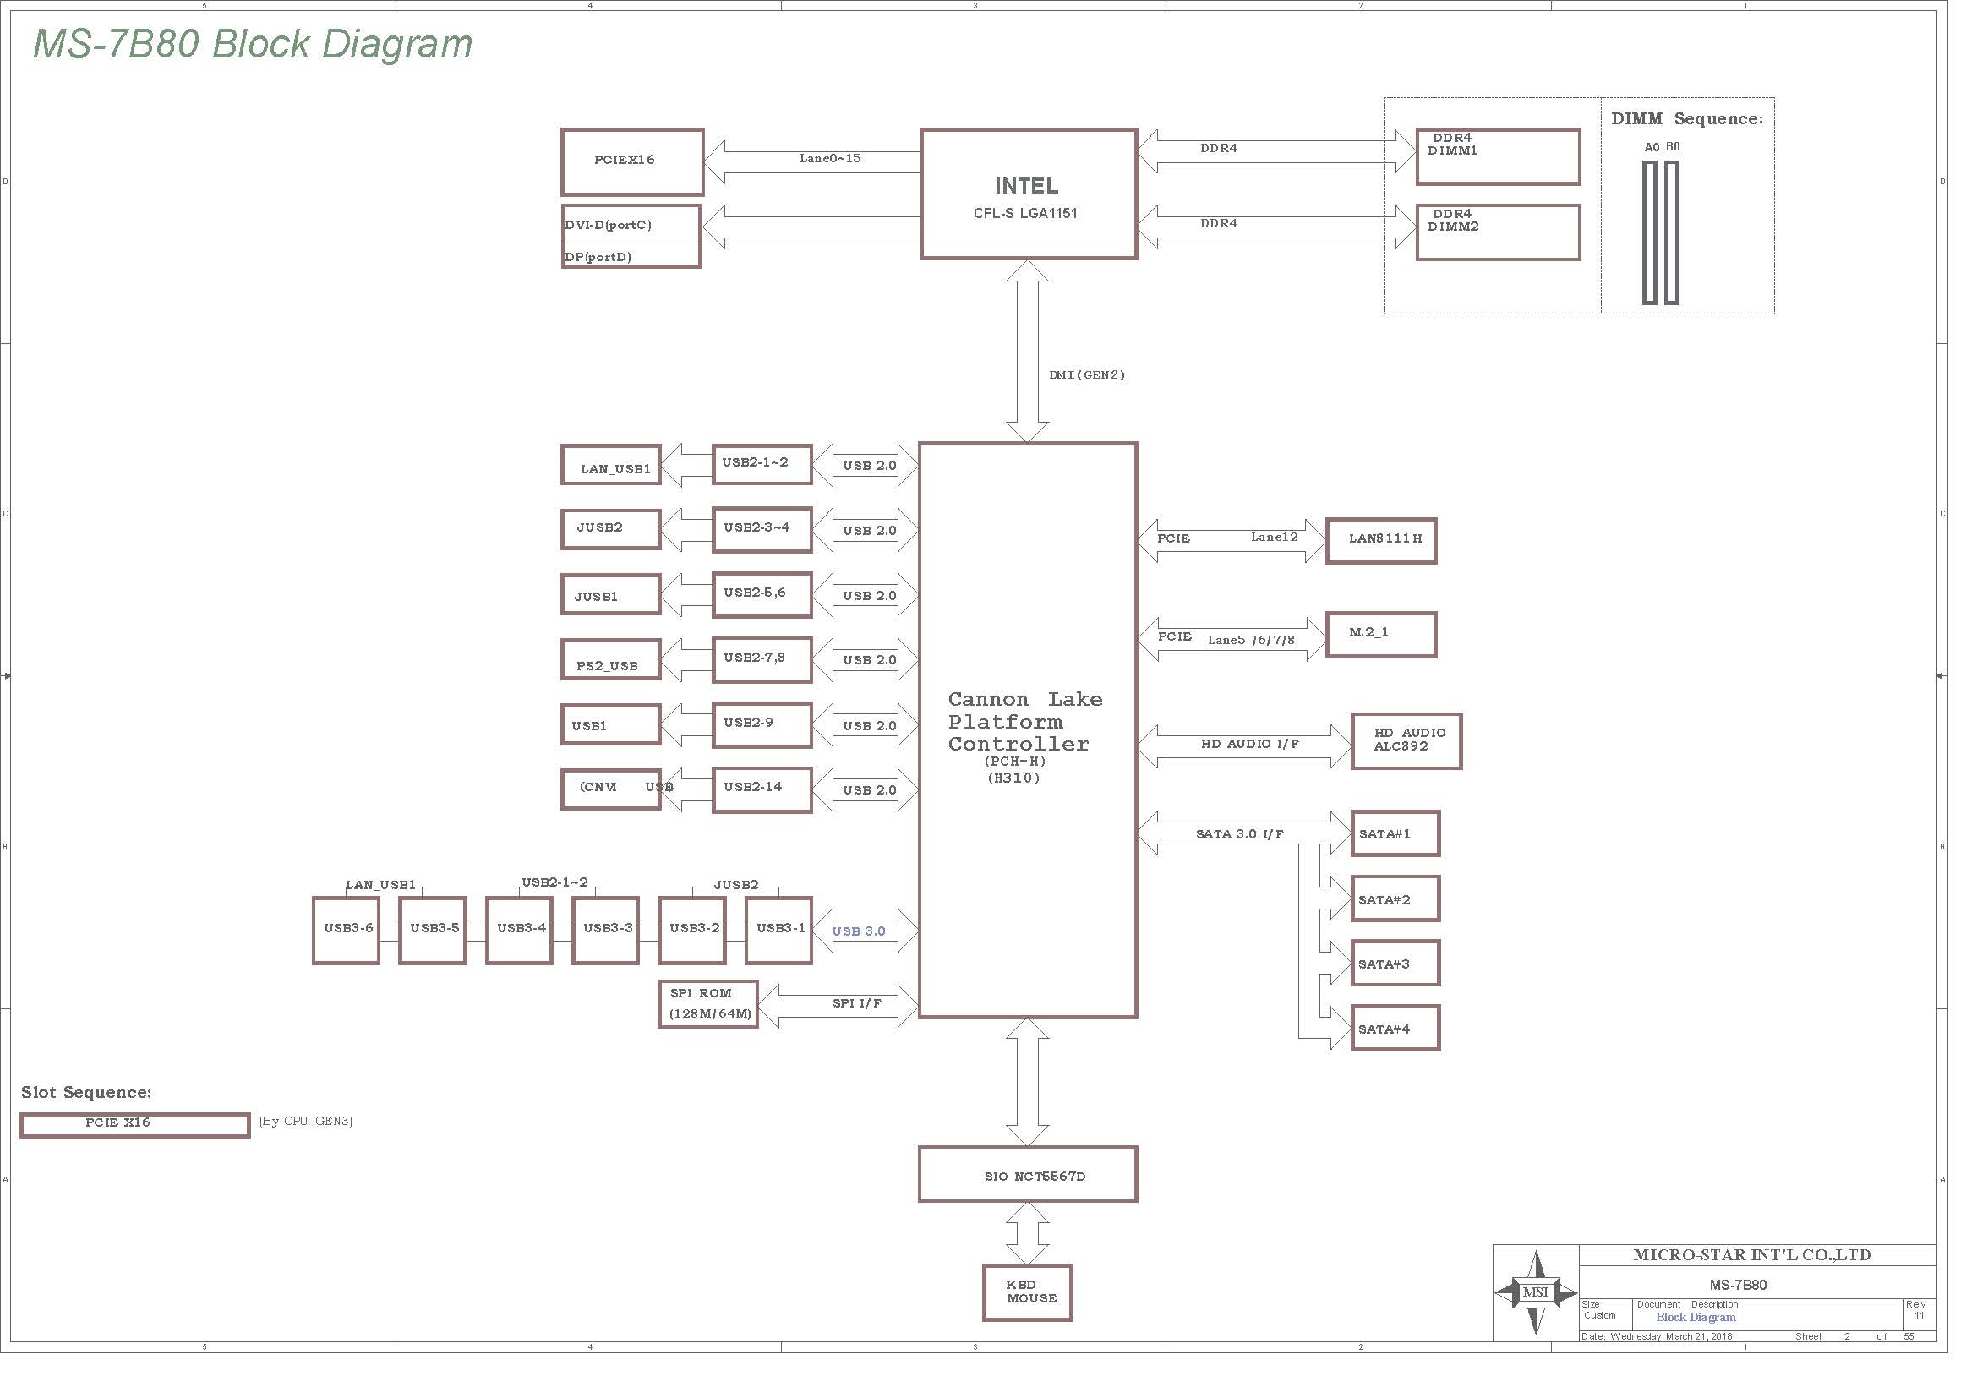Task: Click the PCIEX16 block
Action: tap(632, 161)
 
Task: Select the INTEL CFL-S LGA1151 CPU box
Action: tap(1028, 194)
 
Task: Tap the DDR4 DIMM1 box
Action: tap(1498, 156)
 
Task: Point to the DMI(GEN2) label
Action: tap(1087, 374)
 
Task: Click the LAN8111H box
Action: tap(1381, 541)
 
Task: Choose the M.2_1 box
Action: tap(1380, 635)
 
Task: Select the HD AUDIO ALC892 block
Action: tap(1406, 740)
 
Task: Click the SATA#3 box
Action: tap(1395, 964)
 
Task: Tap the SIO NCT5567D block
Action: tap(1028, 1174)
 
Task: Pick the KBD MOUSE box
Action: tap(1027, 1292)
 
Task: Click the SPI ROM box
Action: tap(707, 1004)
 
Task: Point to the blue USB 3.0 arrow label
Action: tap(859, 931)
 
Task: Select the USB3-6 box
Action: tap(347, 930)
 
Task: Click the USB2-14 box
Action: tap(762, 789)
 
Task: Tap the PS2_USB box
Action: tap(610, 659)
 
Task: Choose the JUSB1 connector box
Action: tap(610, 594)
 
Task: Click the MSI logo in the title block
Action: tap(1535, 1292)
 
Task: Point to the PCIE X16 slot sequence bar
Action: tap(135, 1124)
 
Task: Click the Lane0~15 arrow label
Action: tap(829, 158)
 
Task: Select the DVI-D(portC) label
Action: tap(608, 225)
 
